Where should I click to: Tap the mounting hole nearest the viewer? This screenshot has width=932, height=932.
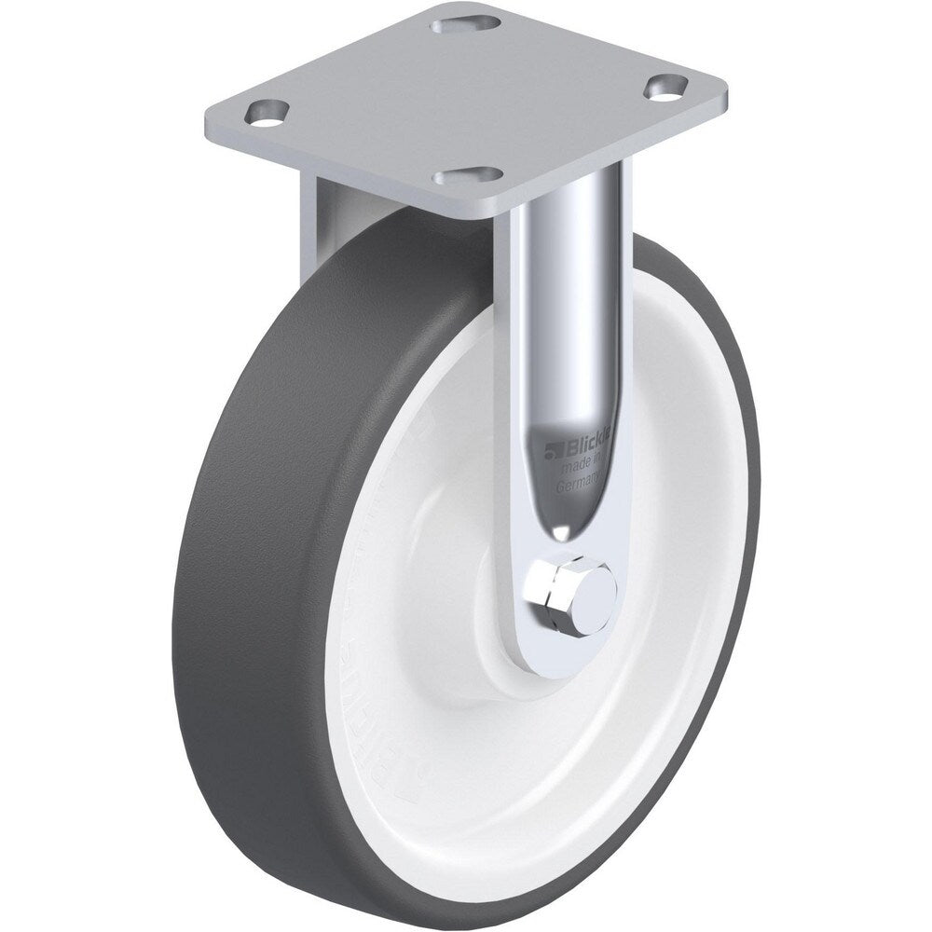click(474, 174)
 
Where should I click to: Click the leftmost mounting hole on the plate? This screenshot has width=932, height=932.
click(265, 112)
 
